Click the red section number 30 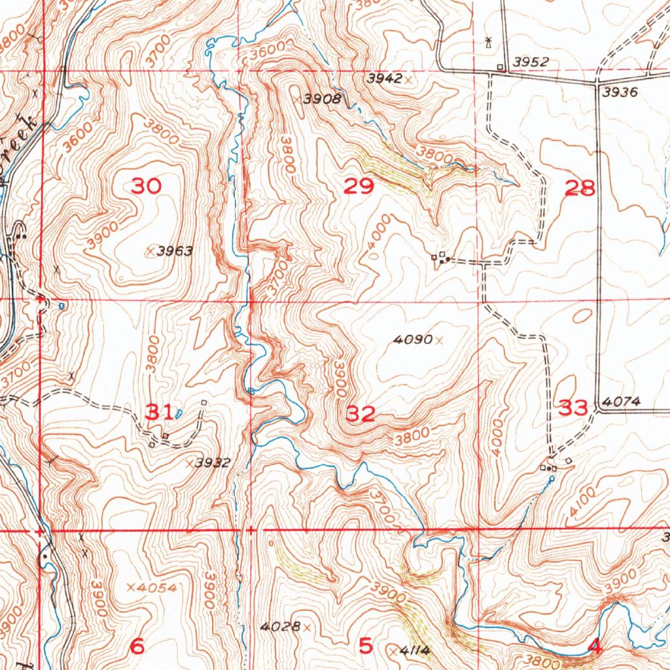(x=146, y=186)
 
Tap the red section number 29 (x=359, y=187)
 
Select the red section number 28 (x=580, y=189)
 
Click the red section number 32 (x=361, y=414)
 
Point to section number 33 (x=573, y=409)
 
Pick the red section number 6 (x=137, y=646)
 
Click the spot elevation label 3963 (x=175, y=251)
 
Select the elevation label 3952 (x=531, y=62)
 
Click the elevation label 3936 (x=620, y=92)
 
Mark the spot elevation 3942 (x=384, y=79)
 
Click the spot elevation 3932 (x=213, y=463)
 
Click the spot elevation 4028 (x=279, y=627)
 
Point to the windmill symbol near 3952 (x=487, y=43)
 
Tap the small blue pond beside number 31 (x=178, y=412)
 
